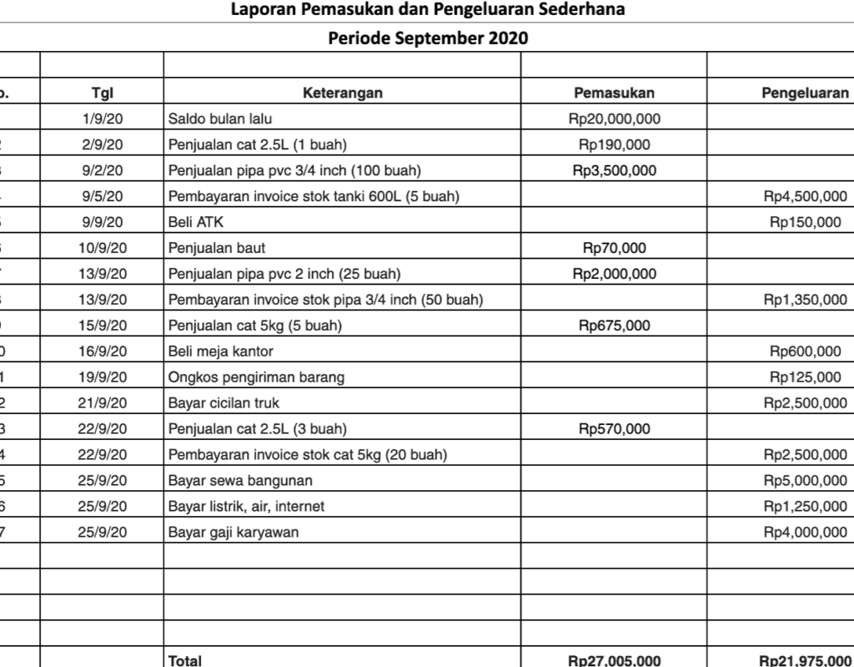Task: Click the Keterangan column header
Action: coord(343,93)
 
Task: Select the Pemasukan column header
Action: coord(614,93)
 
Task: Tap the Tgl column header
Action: coord(103,93)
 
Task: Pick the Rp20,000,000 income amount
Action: coord(614,119)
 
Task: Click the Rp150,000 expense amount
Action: coord(806,222)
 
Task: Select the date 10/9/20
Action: coord(102,248)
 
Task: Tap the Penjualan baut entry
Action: coord(217,248)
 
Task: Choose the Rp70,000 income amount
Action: coord(614,248)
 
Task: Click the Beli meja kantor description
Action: coord(221,351)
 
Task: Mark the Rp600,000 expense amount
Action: coord(806,351)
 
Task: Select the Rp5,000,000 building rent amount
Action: coord(806,481)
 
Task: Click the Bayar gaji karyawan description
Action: coord(234,533)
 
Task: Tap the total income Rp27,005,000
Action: coord(614,660)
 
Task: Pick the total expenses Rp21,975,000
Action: coord(806,660)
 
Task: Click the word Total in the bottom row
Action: coord(184,660)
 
